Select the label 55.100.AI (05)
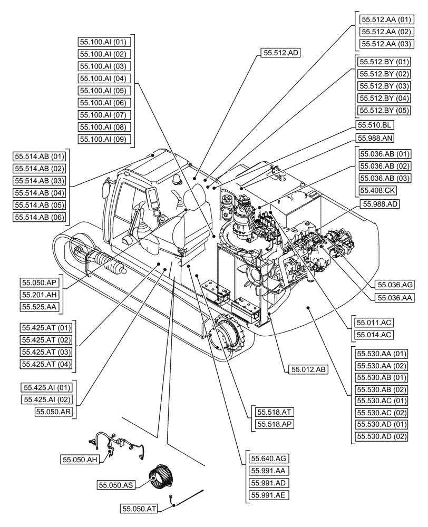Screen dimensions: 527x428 [x=104, y=91]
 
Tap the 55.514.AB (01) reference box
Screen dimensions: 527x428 [x=40, y=157]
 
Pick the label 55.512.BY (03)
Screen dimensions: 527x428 [x=384, y=86]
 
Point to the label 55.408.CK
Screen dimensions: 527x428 [x=377, y=190]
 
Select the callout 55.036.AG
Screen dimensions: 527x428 [x=394, y=285]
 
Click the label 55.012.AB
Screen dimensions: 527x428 [x=308, y=369]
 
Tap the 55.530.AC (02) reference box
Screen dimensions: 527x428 [x=382, y=412]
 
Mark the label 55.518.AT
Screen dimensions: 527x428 [x=274, y=412]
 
